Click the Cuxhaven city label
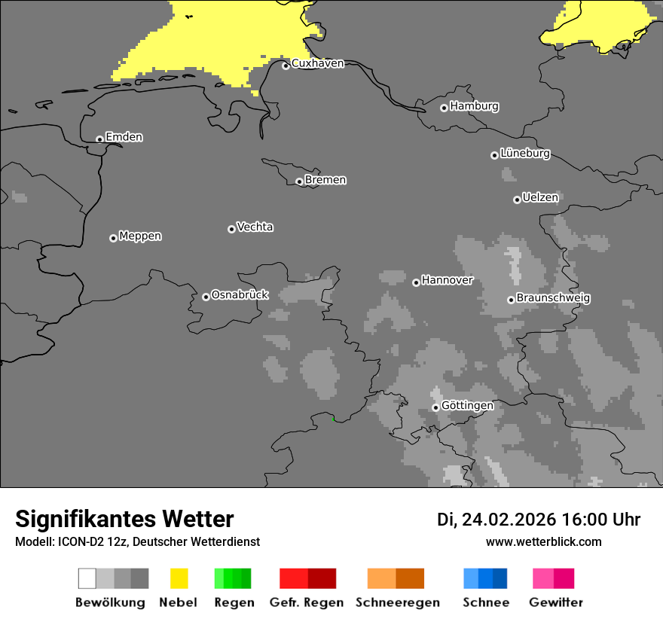click(317, 63)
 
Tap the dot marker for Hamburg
click(444, 108)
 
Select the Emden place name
click(124, 137)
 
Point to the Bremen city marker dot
click(299, 181)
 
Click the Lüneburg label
click(525, 154)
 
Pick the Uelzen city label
click(540, 198)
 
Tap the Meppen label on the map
click(140, 236)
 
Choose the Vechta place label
click(255, 227)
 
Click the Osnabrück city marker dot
click(206, 297)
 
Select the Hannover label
click(448, 281)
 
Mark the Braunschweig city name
click(553, 298)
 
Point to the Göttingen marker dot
click(435, 407)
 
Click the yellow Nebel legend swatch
click(179, 578)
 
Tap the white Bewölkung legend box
click(87, 578)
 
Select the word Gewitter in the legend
click(556, 602)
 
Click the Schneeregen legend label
click(398, 602)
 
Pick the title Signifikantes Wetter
click(124, 519)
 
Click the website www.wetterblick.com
click(544, 541)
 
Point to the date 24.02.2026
click(509, 520)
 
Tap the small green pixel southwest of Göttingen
click(334, 418)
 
